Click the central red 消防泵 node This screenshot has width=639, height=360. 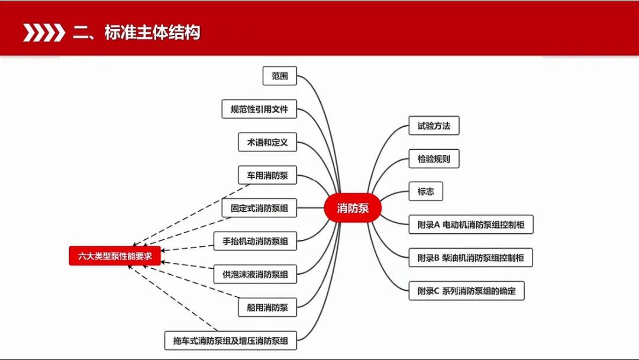[353, 208]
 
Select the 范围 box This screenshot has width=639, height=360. [279, 76]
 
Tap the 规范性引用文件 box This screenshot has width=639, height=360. [259, 109]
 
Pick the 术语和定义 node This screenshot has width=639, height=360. [267, 142]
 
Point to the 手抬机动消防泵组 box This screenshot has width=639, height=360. [255, 241]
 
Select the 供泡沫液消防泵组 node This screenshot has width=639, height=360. [255, 274]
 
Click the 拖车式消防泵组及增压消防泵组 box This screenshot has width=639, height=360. [230, 340]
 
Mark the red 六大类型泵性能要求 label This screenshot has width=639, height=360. [115, 256]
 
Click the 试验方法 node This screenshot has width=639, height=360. [434, 126]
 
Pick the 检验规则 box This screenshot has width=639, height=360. [434, 159]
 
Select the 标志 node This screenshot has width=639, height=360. [425, 191]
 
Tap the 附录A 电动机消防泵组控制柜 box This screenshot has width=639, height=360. [471, 225]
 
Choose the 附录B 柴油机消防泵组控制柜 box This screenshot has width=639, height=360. [471, 258]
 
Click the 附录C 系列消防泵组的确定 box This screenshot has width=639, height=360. [466, 291]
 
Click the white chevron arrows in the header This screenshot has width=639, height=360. [43, 33]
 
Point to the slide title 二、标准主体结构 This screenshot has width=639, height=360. [137, 33]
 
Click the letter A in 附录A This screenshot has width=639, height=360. [437, 225]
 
